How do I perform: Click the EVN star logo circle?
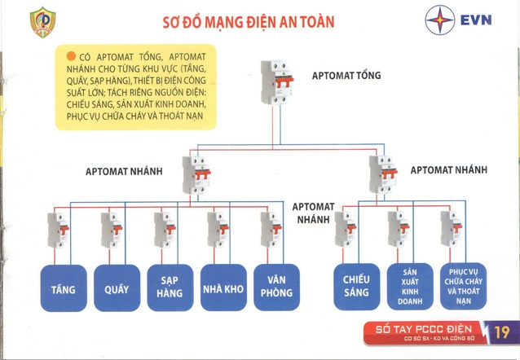click(x=440, y=20)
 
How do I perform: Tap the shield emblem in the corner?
click(x=42, y=23)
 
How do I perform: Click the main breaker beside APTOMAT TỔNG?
click(x=277, y=82)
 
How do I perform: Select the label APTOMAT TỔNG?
click(x=346, y=75)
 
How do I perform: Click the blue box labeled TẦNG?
click(x=64, y=288)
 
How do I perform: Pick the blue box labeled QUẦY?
click(x=117, y=288)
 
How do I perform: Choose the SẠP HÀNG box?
click(x=170, y=288)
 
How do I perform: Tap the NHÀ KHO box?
click(x=223, y=288)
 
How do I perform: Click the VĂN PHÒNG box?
click(x=276, y=287)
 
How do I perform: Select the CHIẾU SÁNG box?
click(x=357, y=287)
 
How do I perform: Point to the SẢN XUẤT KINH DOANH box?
click(x=410, y=287)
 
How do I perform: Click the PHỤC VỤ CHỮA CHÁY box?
click(x=463, y=287)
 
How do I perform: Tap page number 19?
click(x=502, y=331)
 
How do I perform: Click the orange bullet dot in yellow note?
click(x=71, y=56)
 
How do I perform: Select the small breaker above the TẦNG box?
click(x=58, y=230)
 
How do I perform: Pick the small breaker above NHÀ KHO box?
click(x=218, y=230)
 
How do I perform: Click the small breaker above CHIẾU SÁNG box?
click(x=346, y=230)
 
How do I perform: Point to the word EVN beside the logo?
click(x=476, y=20)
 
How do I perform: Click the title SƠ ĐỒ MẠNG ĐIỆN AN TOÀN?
click(x=249, y=22)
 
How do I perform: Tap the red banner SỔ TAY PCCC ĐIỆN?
click(x=424, y=333)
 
